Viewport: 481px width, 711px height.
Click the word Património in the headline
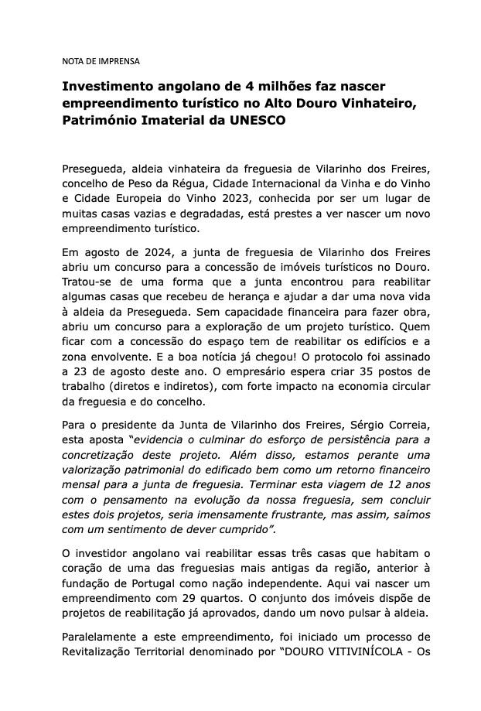[103, 121]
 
